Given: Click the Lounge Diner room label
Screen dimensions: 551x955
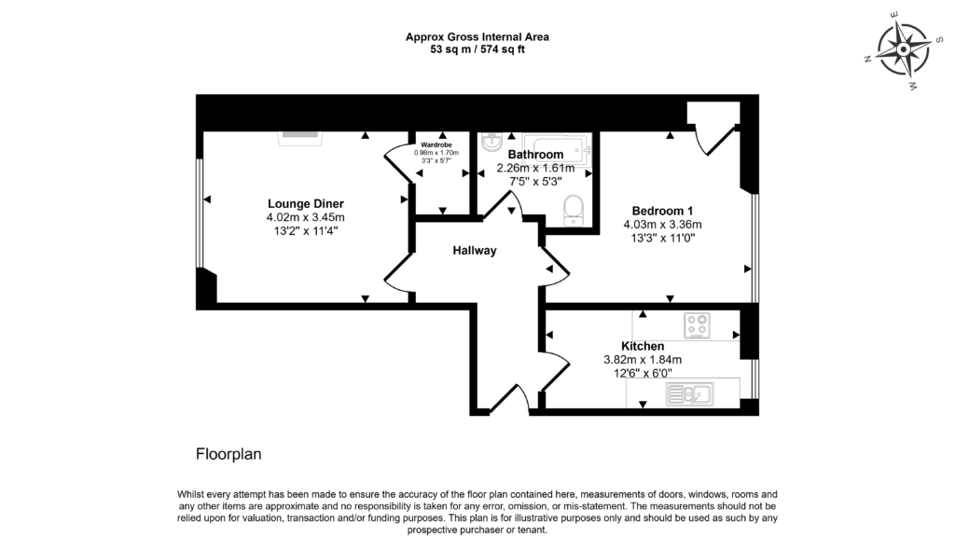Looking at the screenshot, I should point(306,203).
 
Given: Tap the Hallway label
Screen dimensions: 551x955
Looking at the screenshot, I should point(475,251).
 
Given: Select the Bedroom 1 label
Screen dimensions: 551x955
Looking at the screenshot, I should point(662,210).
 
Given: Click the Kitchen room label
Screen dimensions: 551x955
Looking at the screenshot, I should point(643,346).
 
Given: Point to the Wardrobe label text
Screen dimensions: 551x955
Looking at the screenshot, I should point(436,145).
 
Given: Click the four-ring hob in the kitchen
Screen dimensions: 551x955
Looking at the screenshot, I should point(698,325).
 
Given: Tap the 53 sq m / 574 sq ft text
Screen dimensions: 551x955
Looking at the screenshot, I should point(477,49).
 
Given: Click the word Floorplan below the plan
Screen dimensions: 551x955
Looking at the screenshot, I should point(228,455).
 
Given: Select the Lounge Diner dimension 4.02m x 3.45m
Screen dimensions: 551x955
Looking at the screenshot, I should point(306,217).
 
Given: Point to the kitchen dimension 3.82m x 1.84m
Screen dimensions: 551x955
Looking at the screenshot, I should point(643,360).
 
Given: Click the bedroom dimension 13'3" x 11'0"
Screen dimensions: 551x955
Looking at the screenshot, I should point(662,238).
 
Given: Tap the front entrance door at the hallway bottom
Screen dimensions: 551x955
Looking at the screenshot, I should point(508,399).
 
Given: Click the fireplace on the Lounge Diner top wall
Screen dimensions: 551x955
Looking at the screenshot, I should point(300,135).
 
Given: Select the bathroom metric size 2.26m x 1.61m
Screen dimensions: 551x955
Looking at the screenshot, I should point(535,169).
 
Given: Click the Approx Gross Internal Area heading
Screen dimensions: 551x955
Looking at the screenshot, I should point(477,37).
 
